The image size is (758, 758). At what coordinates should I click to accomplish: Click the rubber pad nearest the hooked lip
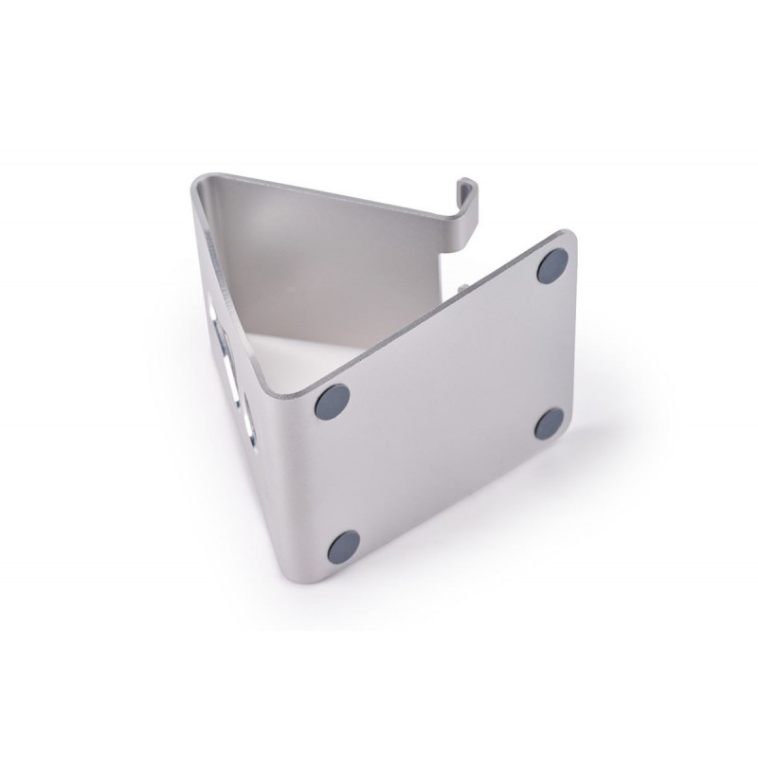(x=552, y=267)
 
